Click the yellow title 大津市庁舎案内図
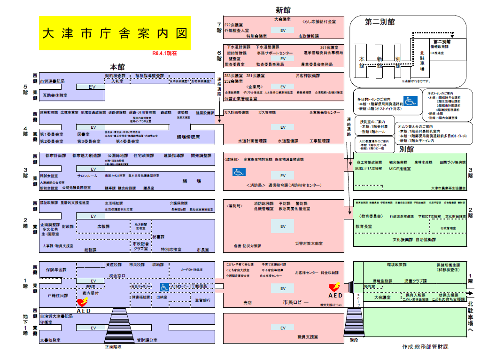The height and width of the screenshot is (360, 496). (x=114, y=33)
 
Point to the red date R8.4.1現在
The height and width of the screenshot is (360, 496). (x=165, y=54)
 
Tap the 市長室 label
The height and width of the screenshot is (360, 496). (x=203, y=250)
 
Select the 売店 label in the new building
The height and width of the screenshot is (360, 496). (x=248, y=303)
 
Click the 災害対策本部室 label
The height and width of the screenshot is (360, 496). (x=309, y=243)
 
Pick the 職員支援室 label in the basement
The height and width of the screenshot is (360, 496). (x=308, y=337)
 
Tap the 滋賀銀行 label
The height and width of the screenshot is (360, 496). (x=202, y=299)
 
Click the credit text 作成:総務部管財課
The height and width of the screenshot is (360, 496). (x=425, y=347)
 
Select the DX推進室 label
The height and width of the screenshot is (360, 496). (x=437, y=53)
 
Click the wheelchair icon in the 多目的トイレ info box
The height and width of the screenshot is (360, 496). (x=411, y=101)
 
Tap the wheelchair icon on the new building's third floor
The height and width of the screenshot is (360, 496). (x=239, y=172)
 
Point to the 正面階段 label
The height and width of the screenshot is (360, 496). (x=113, y=347)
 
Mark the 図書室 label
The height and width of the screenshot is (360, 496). (x=83, y=134)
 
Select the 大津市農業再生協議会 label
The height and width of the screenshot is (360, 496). (x=448, y=188)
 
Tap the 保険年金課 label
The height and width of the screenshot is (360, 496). (x=56, y=270)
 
